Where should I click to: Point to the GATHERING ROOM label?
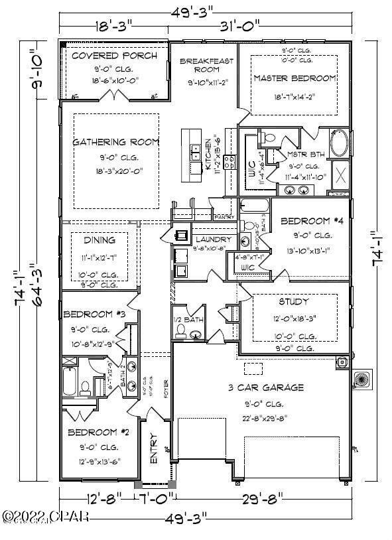[115, 142]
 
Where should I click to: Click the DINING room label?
[99, 239]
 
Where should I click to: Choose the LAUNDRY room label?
[213, 239]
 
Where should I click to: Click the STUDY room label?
[294, 302]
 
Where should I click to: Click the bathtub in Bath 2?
[69, 383]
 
